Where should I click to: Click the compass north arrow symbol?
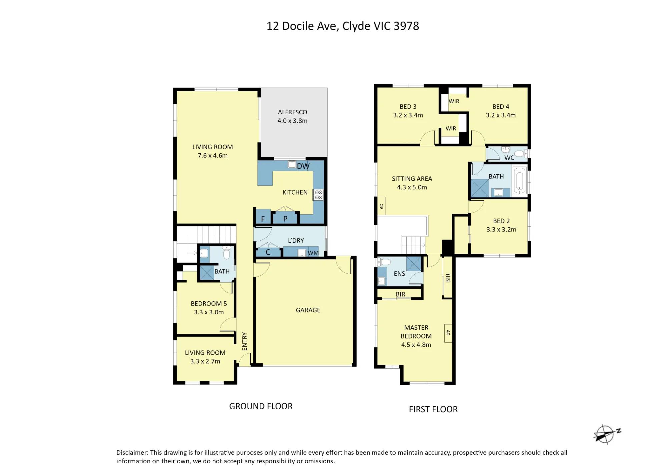[606, 434]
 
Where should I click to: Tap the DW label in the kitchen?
[303, 166]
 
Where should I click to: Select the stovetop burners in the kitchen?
[319, 195]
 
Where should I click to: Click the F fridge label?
[263, 219]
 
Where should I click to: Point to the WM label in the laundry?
[313, 253]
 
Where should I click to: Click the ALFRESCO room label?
[292, 112]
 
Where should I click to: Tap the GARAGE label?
[308, 310]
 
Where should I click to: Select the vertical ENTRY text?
[245, 341]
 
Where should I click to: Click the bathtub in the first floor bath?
[519, 180]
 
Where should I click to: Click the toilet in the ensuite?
[384, 262]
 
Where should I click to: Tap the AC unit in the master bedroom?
[448, 333]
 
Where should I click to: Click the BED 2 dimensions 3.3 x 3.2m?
[501, 229]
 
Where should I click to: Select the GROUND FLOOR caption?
[261, 406]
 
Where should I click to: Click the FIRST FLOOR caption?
[433, 409]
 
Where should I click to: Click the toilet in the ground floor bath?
[226, 253]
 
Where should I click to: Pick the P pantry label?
[285, 219]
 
